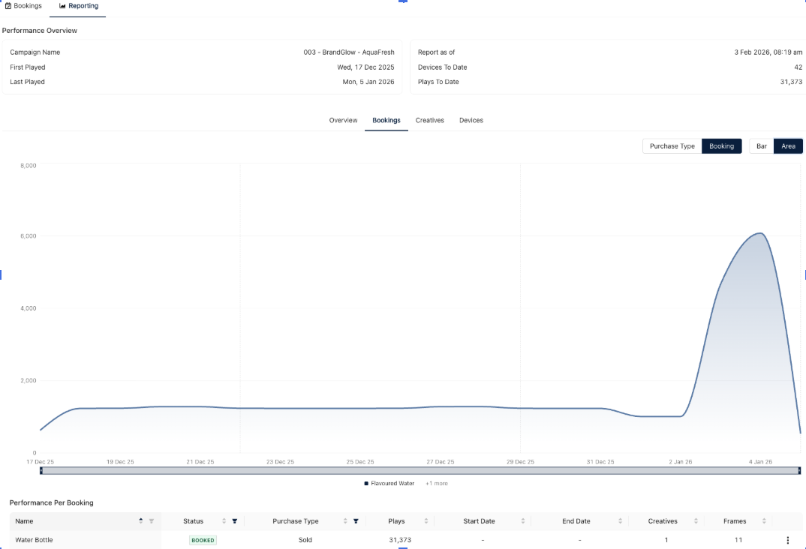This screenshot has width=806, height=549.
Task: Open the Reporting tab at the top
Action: point(79,6)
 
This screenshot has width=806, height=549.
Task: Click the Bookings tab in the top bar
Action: point(23,6)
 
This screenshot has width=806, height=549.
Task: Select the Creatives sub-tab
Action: point(430,120)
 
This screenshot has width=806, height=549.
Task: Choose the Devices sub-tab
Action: point(471,120)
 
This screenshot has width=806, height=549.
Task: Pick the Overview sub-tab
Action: point(343,120)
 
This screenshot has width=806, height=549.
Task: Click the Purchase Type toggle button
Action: point(672,146)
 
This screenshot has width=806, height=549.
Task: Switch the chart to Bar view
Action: point(761,146)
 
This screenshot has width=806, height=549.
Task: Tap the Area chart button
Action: point(788,146)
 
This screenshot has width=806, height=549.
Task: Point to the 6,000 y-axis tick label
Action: point(28,236)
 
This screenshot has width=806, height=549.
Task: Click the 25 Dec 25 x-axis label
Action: point(360,462)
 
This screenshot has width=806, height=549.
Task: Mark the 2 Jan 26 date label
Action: point(681,462)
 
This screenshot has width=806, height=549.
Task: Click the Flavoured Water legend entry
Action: point(389,484)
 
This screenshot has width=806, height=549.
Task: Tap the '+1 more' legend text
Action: point(437,484)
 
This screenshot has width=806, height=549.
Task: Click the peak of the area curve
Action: point(760,233)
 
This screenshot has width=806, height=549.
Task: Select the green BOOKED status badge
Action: point(203,540)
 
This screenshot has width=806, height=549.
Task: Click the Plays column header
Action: point(396,521)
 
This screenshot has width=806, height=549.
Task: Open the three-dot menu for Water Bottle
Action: point(787,540)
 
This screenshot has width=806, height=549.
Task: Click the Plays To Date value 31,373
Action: point(791,82)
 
